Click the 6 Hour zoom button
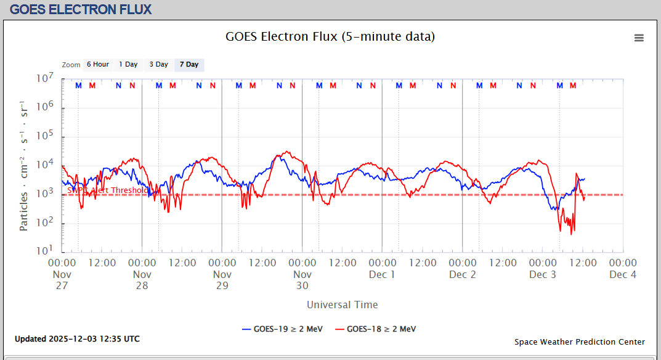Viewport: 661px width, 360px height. coord(97,65)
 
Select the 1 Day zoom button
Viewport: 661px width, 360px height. coord(128,65)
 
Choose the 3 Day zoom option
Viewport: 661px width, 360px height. coord(158,65)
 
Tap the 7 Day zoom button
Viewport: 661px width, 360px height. coord(189,65)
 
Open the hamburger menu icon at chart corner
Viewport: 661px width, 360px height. coord(639,38)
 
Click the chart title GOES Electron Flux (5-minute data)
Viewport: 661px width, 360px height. coord(330,36)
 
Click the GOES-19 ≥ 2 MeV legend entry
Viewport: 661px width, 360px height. coord(283,329)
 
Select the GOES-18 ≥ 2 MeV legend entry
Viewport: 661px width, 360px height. coord(375,329)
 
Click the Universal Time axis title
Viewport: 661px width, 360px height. coord(342,305)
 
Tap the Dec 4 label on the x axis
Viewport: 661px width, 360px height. coord(623,274)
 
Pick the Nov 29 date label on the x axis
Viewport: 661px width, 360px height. coord(222,280)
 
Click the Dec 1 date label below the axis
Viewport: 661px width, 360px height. coord(382,274)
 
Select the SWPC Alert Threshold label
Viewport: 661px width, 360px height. coord(107,190)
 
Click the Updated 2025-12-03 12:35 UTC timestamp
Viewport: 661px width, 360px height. coord(77,339)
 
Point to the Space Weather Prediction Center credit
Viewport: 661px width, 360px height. coord(580,342)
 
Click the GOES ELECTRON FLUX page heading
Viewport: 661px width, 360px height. coord(81,9)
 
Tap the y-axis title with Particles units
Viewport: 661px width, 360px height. coord(24,165)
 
